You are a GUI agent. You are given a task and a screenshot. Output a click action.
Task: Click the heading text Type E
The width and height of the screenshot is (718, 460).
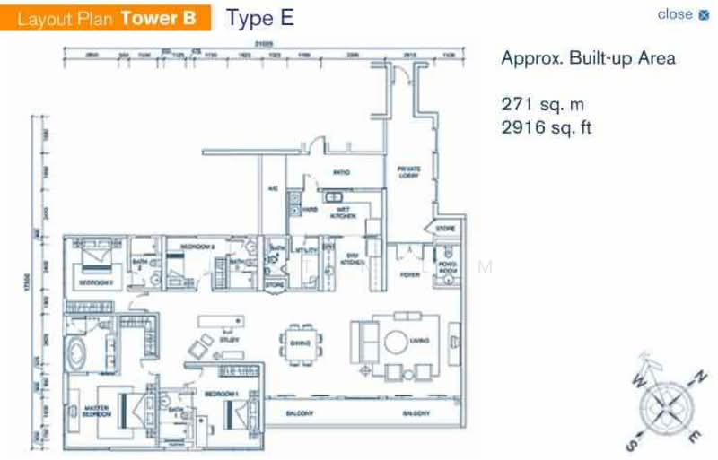point(259,18)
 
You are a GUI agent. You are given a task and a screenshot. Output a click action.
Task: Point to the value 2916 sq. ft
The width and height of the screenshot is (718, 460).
point(547,127)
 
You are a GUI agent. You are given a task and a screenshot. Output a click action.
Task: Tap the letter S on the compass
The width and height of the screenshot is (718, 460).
point(633,443)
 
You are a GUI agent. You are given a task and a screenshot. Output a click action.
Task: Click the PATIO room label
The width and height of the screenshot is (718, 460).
point(340,172)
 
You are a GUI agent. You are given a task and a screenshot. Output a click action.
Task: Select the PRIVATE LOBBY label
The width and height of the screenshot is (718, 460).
point(409,172)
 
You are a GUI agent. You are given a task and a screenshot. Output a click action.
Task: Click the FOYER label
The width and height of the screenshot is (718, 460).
point(410,275)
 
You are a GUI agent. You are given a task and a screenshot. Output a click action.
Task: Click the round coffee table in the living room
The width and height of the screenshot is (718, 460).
point(396,342)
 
